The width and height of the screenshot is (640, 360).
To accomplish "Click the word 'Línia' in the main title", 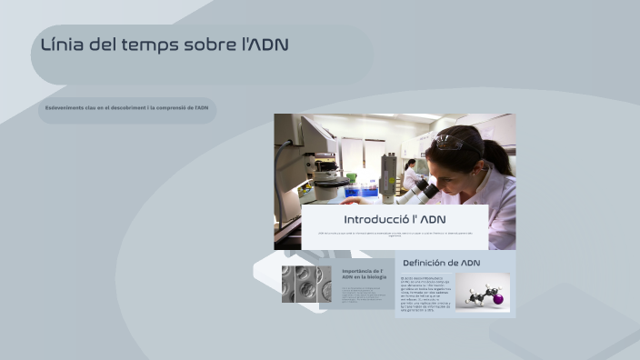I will tap(62, 45).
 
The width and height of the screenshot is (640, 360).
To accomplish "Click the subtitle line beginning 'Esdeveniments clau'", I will tap(127, 108).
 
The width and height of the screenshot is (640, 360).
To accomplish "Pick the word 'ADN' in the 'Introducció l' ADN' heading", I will tap(432, 220).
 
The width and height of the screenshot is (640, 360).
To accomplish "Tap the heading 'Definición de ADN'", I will tap(441, 263).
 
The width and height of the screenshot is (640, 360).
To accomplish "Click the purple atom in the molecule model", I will tap(496, 296).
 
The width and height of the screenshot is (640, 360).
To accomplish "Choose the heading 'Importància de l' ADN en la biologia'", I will tap(364, 275).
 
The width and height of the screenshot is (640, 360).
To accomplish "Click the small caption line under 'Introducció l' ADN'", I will tap(395, 235).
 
